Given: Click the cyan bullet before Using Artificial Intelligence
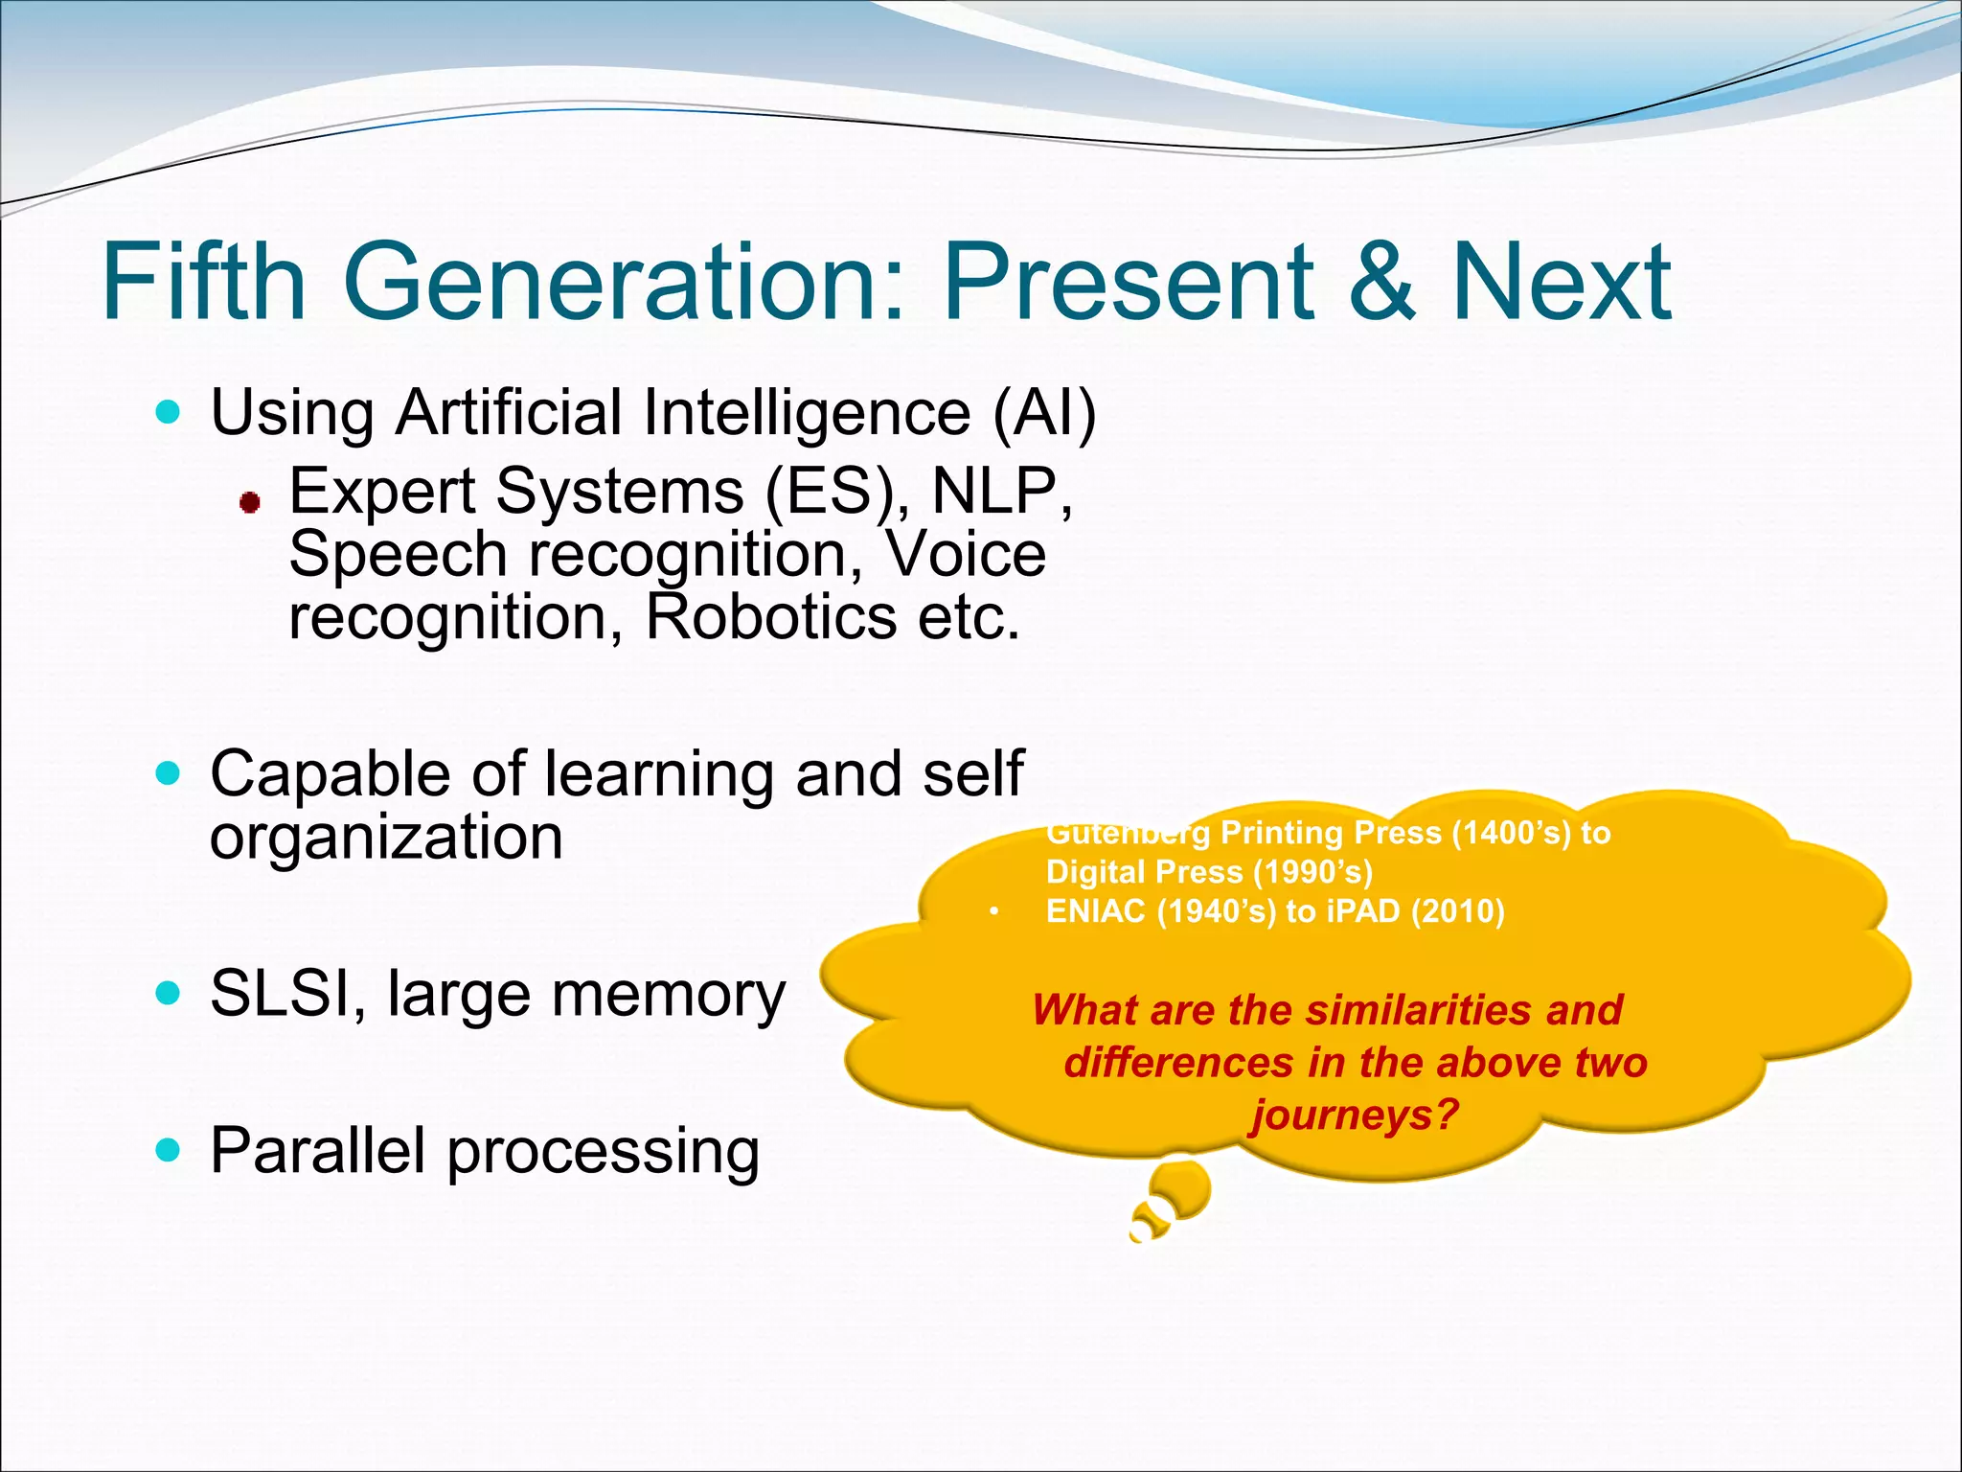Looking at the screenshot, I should tap(168, 413).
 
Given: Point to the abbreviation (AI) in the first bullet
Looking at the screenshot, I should tap(1044, 413).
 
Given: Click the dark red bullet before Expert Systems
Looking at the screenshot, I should tap(250, 502).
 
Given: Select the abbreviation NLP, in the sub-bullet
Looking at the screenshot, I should tap(1001, 491).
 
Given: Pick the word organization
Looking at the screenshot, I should tap(386, 837).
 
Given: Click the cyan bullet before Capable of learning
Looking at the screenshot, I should tap(168, 773).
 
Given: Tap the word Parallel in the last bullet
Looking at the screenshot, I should tap(317, 1150).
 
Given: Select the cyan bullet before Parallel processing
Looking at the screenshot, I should tap(168, 1150).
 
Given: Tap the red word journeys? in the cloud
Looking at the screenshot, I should tap(1354, 1115).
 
